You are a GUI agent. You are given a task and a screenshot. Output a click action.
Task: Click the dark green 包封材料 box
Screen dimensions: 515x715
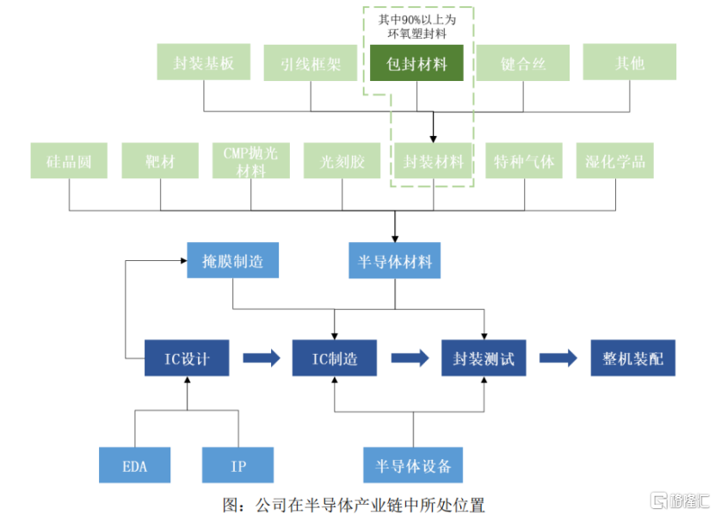tap(417, 64)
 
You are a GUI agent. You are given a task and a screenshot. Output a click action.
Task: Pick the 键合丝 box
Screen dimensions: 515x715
tap(523, 63)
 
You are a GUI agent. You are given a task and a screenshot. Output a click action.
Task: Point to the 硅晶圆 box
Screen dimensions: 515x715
tap(69, 161)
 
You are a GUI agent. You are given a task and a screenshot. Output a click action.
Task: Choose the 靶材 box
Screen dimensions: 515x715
tap(160, 161)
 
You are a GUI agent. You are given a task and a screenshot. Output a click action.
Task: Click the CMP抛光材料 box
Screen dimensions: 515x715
tap(251, 161)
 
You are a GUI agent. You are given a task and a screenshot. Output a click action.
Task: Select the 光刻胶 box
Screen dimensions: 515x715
tap(342, 161)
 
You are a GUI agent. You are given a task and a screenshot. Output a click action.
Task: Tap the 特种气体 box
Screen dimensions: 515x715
tap(524, 161)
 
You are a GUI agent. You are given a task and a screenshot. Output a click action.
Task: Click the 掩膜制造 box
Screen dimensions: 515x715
tap(233, 261)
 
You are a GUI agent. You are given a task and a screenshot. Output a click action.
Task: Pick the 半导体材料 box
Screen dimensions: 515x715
tap(395, 261)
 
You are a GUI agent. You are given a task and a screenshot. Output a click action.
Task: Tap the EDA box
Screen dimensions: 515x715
tap(134, 466)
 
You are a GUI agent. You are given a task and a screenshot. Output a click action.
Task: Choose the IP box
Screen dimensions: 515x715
tap(237, 466)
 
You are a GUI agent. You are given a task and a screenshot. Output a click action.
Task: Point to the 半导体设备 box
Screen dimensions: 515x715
tap(413, 466)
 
